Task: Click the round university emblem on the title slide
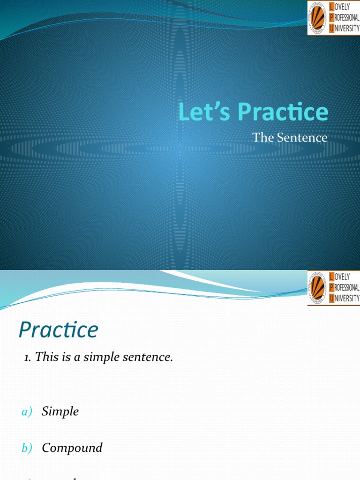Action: [318, 18]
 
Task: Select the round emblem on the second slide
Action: [318, 288]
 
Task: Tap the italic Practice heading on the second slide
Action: [59, 330]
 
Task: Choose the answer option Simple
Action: [60, 412]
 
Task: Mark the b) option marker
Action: [27, 448]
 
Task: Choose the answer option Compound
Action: [72, 448]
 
